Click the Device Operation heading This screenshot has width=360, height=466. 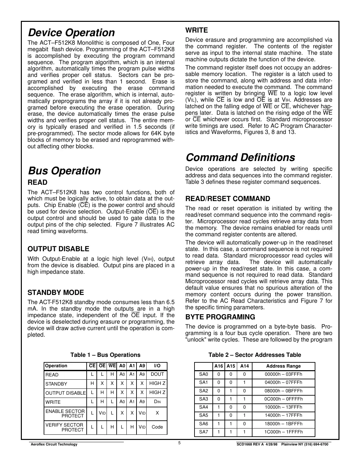point(71,33)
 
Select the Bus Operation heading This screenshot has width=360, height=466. point(65,171)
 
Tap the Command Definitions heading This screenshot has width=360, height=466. point(240,157)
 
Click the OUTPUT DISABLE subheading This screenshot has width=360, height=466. point(58,249)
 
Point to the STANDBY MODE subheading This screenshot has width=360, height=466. point(56,293)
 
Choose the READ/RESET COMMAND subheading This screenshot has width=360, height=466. point(227,199)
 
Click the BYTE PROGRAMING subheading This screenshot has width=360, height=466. point(220,317)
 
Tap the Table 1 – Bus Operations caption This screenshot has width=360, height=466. point(105,355)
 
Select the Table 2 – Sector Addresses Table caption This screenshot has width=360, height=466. point(254,355)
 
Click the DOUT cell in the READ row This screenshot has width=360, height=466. point(157,374)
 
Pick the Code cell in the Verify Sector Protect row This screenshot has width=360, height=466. point(157,427)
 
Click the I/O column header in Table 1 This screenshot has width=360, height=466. point(157,366)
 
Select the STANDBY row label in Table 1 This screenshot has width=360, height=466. point(56,384)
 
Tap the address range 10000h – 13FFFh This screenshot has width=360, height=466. point(283,407)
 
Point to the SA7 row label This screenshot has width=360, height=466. point(203,432)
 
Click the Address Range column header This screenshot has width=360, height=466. point(283,366)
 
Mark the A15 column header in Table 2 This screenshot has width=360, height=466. point(231,366)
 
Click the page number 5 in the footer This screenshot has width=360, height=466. point(180,443)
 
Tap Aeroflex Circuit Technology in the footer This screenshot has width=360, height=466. point(54,444)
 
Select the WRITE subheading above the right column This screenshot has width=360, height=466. point(196,30)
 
